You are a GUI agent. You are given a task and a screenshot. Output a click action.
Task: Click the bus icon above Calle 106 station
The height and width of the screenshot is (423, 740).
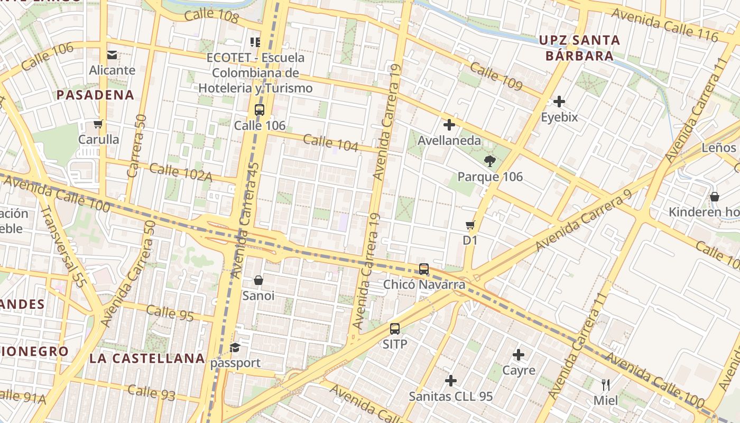tap(259, 110)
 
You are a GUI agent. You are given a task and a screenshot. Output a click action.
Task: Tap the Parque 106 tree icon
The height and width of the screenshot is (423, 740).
tap(490, 161)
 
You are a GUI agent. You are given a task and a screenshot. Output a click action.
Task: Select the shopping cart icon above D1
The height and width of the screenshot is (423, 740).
tap(470, 225)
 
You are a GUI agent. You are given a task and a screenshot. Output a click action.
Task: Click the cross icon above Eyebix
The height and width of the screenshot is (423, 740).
tap(559, 102)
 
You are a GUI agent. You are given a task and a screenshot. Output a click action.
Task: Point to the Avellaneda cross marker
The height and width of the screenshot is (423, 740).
tap(449, 125)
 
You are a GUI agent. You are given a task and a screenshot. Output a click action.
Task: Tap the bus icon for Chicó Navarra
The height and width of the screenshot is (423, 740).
tap(424, 269)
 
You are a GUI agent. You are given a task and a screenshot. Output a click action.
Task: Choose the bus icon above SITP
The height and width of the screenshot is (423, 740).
tap(395, 329)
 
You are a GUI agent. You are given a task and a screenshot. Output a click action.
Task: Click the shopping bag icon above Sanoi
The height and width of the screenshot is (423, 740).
tap(258, 280)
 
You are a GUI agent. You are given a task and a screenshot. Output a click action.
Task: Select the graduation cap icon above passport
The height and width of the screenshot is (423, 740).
tap(235, 347)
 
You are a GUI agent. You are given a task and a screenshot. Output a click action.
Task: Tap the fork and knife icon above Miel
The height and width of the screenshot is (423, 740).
tap(606, 384)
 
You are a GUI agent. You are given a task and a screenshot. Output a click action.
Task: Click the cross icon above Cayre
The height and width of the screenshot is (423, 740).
tap(519, 355)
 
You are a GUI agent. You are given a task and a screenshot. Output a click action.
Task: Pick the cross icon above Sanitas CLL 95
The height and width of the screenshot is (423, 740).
tap(451, 381)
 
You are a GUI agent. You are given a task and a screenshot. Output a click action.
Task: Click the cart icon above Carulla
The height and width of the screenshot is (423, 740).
tap(98, 124)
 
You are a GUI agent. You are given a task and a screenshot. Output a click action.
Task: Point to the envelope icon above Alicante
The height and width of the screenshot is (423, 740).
tap(112, 54)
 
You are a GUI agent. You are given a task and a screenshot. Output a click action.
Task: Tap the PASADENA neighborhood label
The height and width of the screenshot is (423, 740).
tap(95, 95)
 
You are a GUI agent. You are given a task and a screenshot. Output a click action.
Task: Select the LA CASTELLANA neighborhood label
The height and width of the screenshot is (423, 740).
tap(147, 358)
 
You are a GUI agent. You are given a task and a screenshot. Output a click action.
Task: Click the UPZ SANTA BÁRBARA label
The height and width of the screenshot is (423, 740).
tap(579, 48)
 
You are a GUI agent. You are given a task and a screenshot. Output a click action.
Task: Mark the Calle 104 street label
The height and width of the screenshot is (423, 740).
tap(331, 143)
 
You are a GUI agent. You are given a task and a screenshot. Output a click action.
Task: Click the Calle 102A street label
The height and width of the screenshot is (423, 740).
tap(181, 172)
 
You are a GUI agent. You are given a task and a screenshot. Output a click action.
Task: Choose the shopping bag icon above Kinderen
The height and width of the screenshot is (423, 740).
tap(715, 197)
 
